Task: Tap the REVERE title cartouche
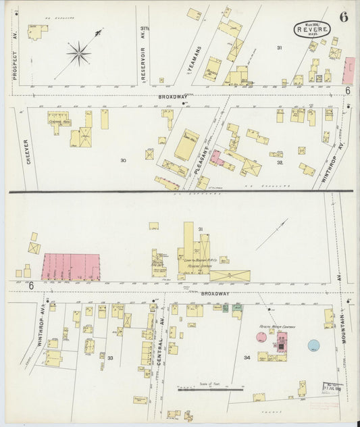312,29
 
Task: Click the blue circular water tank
314,345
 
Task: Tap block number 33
110,358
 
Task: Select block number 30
123,160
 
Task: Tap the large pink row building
71,267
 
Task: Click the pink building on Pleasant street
215,158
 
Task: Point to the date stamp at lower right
332,388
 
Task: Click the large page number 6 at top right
344,18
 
